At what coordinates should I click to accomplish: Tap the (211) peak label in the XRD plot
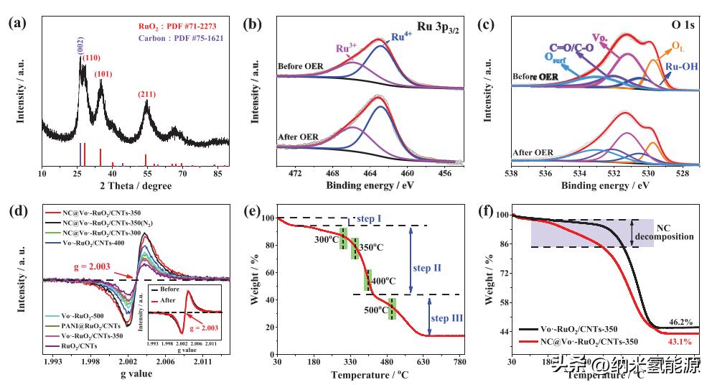click(x=146, y=94)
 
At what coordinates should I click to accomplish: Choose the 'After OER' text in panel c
click(x=533, y=152)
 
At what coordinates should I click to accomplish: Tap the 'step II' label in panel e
click(x=428, y=268)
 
